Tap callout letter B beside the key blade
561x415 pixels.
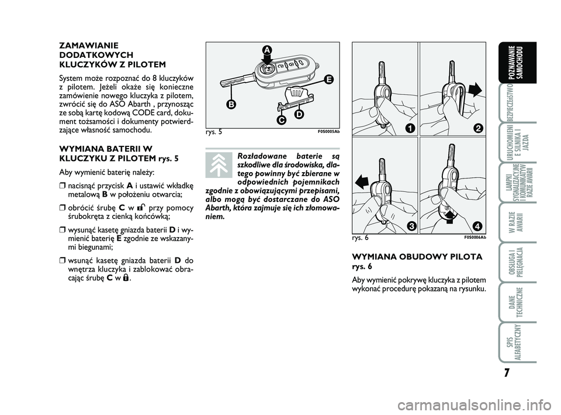[231, 104]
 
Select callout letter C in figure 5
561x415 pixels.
[281, 121]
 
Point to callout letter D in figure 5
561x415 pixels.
[299, 114]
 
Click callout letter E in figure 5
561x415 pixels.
[328, 80]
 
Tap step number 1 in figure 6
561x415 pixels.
[410, 128]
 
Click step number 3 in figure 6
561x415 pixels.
[411, 226]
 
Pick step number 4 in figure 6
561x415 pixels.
[477, 226]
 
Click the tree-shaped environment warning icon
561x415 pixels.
[219, 165]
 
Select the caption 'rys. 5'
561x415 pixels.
[214, 132]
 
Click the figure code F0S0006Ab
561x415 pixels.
[475, 237]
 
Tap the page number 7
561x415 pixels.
[506, 373]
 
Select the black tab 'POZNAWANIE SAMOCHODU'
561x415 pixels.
[517, 63]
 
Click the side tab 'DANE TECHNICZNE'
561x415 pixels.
[517, 303]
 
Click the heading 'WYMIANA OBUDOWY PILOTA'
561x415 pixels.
[417, 256]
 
